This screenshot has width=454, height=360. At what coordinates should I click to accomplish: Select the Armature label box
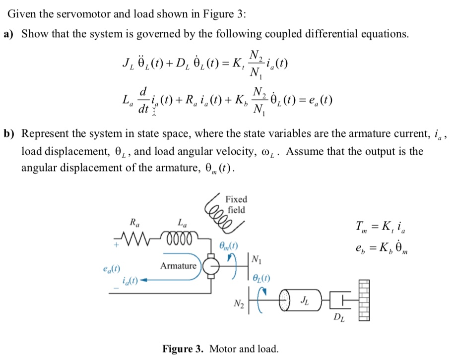click(179, 266)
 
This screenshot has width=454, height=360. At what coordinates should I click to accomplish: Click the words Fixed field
click(236, 204)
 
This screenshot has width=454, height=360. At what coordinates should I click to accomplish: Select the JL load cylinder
click(304, 300)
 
